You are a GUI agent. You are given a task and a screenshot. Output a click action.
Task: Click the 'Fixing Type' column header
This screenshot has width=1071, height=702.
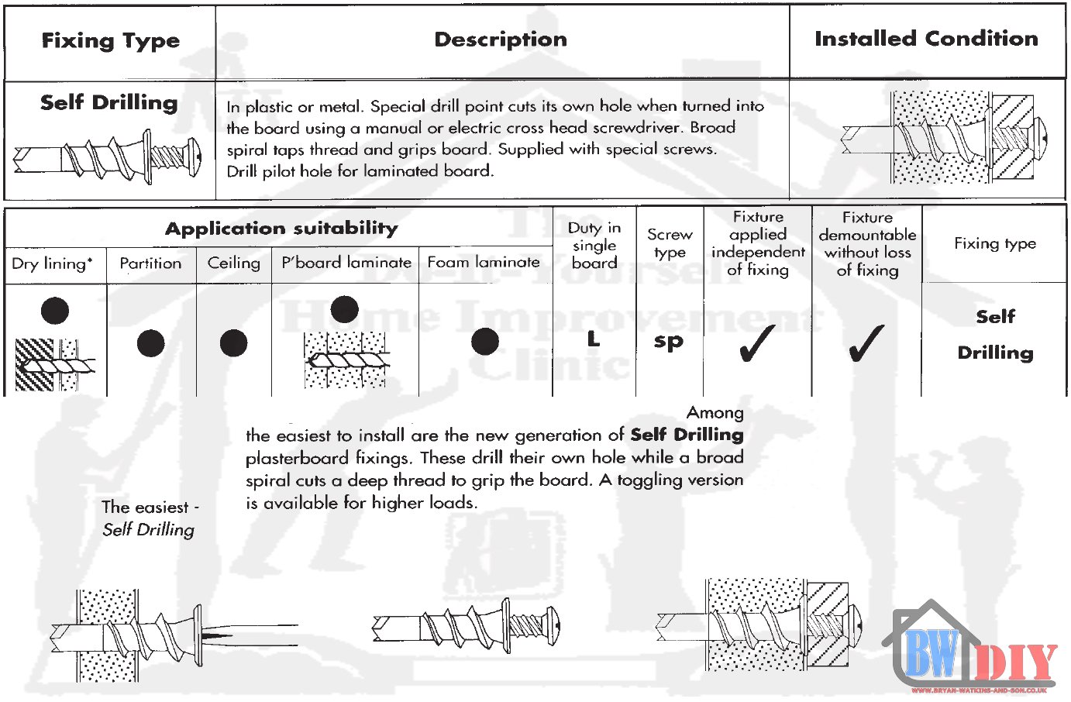pyautogui.click(x=110, y=40)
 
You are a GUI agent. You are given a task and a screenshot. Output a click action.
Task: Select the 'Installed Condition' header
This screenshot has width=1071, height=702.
pyautogui.click(x=926, y=39)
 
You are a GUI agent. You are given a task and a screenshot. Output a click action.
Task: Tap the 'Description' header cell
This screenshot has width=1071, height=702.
pyautogui.click(x=501, y=40)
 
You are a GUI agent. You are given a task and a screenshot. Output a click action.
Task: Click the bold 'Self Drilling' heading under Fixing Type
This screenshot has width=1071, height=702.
pyautogui.click(x=109, y=102)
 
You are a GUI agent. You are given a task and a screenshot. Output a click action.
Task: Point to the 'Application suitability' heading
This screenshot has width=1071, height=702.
pyautogui.click(x=281, y=228)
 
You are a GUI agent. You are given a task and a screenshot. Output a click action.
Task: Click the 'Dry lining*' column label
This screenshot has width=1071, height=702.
pyautogui.click(x=52, y=263)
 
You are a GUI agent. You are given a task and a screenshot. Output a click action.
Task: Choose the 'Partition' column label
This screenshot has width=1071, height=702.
pyautogui.click(x=150, y=263)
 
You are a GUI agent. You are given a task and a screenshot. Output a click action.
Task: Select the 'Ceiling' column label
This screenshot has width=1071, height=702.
pyautogui.click(x=233, y=263)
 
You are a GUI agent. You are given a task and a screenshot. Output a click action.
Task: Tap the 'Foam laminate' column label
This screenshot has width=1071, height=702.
pyautogui.click(x=484, y=263)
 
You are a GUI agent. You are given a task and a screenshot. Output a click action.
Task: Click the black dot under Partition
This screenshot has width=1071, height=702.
pyautogui.click(x=150, y=342)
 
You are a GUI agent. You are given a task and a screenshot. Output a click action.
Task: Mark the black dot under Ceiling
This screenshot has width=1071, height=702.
pyautogui.click(x=233, y=342)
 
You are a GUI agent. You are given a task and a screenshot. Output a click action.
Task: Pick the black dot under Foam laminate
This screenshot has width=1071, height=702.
pyautogui.click(x=485, y=341)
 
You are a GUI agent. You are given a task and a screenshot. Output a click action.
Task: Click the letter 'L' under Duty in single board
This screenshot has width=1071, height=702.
pyautogui.click(x=594, y=339)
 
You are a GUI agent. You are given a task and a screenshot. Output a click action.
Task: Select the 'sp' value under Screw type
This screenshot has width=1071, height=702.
pyautogui.click(x=669, y=341)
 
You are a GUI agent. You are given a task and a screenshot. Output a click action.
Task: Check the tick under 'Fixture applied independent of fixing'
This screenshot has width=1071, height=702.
pyautogui.click(x=757, y=343)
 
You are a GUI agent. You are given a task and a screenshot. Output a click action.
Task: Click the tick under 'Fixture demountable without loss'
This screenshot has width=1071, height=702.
pyautogui.click(x=866, y=343)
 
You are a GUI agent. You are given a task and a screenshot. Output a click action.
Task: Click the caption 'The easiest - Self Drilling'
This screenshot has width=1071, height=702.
pyautogui.click(x=149, y=518)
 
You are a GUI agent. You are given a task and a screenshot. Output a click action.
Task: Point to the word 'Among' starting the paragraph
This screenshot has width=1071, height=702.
pyautogui.click(x=715, y=413)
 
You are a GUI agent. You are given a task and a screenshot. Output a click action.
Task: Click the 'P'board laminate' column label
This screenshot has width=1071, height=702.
pyautogui.click(x=346, y=263)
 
